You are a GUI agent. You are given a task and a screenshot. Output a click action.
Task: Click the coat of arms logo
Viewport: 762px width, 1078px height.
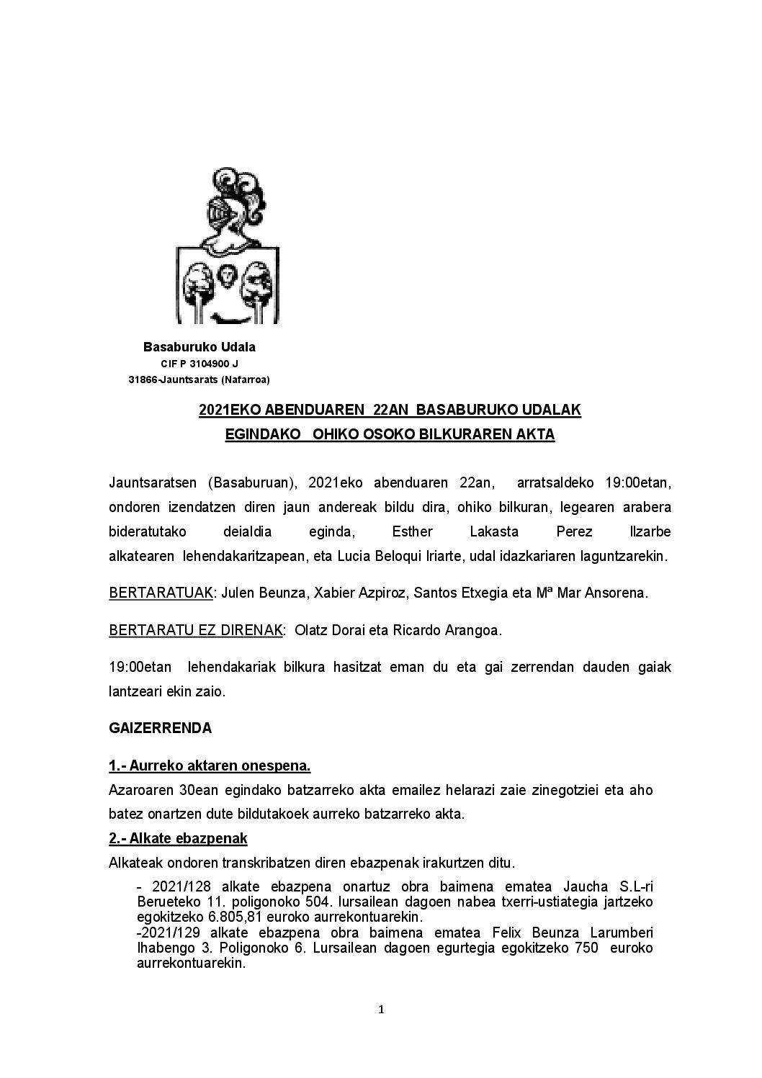tap(228, 246)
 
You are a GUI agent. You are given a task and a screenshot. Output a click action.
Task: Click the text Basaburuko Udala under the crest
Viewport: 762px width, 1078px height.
tap(200, 347)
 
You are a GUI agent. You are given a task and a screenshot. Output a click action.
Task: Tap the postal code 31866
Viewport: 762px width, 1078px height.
tap(143, 379)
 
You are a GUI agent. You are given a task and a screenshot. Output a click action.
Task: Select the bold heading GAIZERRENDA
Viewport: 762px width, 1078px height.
tap(161, 728)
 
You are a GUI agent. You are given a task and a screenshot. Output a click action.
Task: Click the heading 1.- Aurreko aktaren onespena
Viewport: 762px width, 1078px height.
tap(210, 765)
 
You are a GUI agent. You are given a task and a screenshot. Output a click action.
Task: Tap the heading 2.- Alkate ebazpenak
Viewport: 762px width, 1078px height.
tap(178, 838)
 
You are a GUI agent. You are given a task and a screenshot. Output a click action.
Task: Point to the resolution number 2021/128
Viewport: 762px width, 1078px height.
tap(171, 886)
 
